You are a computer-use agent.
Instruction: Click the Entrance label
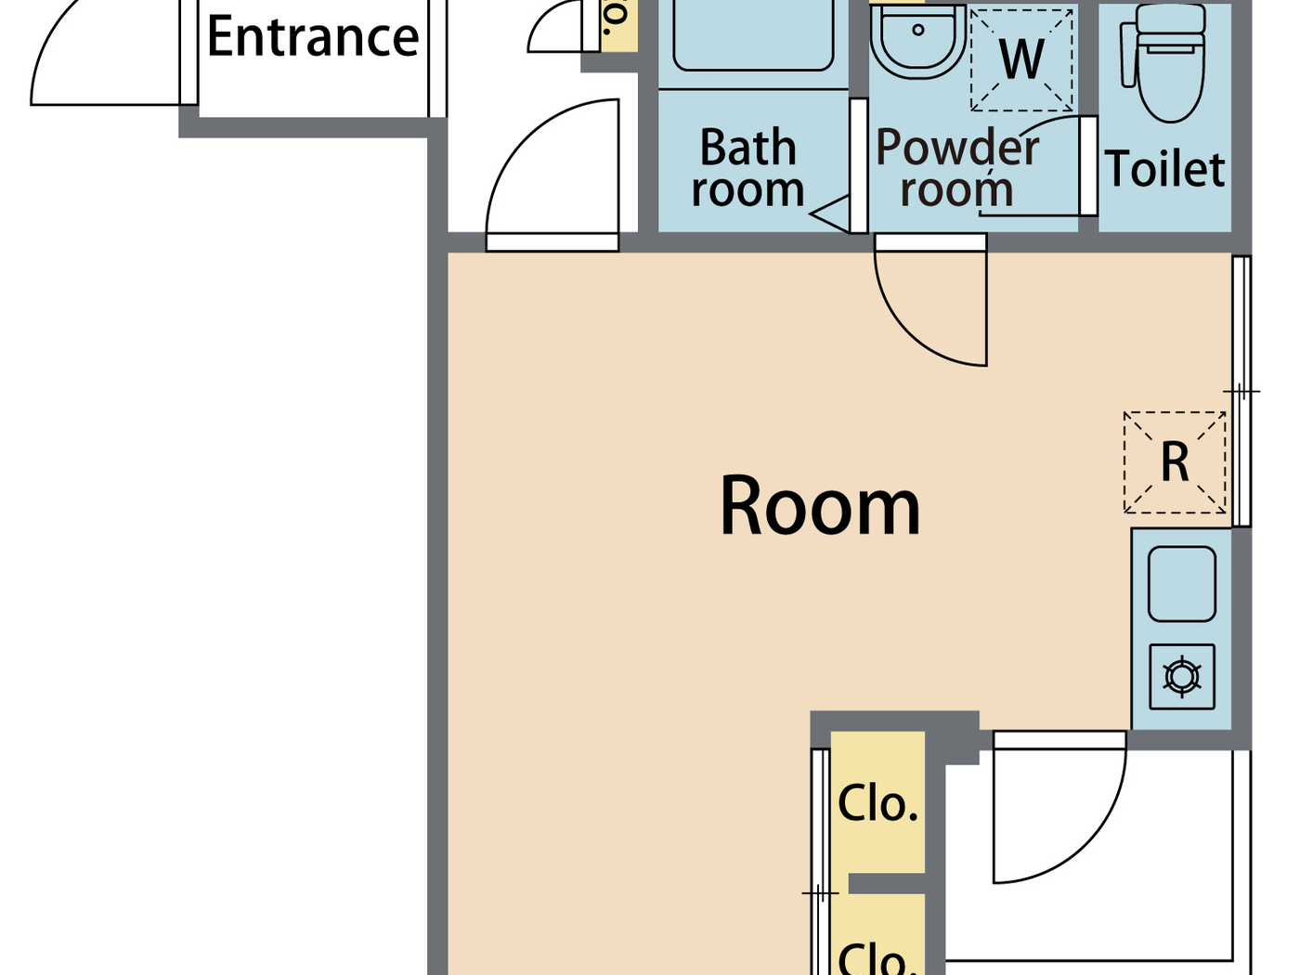click(313, 37)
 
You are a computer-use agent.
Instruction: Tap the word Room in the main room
click(820, 507)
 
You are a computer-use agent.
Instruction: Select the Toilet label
click(1165, 169)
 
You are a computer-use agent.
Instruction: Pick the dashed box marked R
click(1175, 461)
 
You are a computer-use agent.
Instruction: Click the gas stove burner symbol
click(1182, 676)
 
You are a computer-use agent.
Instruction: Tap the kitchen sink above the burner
click(1182, 584)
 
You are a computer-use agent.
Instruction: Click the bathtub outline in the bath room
click(752, 37)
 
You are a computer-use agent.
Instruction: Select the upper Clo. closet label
click(877, 803)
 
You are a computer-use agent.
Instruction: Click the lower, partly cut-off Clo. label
click(877, 956)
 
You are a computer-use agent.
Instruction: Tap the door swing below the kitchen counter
click(1059, 808)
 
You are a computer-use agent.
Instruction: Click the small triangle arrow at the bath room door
click(831, 214)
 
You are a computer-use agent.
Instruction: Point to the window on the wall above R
click(1241, 325)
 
